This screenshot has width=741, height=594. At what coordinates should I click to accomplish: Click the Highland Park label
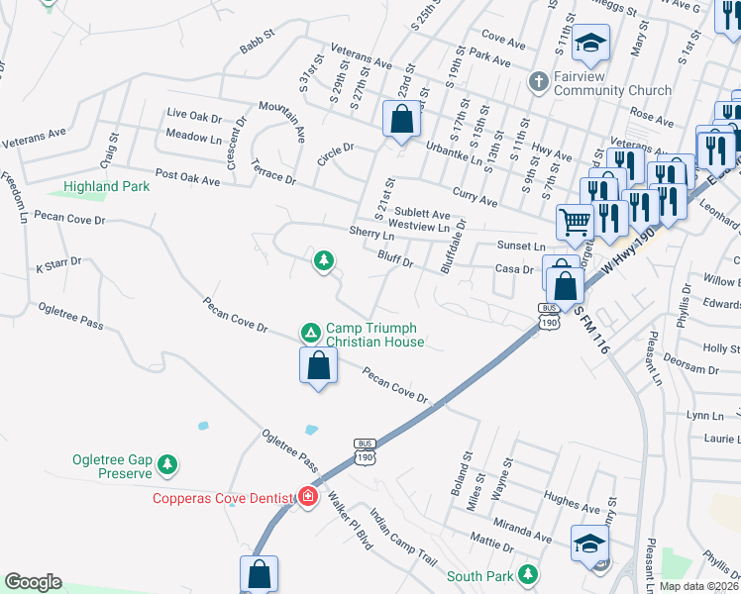click(107, 186)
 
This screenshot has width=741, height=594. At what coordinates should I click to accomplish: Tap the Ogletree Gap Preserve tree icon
click(168, 463)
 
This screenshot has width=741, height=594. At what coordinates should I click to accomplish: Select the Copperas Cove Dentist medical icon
click(307, 496)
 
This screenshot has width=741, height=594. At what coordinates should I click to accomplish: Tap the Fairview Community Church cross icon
click(539, 81)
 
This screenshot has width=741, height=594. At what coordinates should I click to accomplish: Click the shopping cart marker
click(575, 223)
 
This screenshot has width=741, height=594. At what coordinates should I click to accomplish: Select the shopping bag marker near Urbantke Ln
click(401, 120)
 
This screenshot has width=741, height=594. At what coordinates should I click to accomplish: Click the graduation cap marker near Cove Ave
click(590, 43)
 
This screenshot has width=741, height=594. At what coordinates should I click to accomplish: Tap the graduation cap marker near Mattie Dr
click(589, 543)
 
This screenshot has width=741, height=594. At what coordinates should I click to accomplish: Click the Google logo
click(33, 582)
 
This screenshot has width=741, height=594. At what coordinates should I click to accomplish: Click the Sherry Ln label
click(372, 235)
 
